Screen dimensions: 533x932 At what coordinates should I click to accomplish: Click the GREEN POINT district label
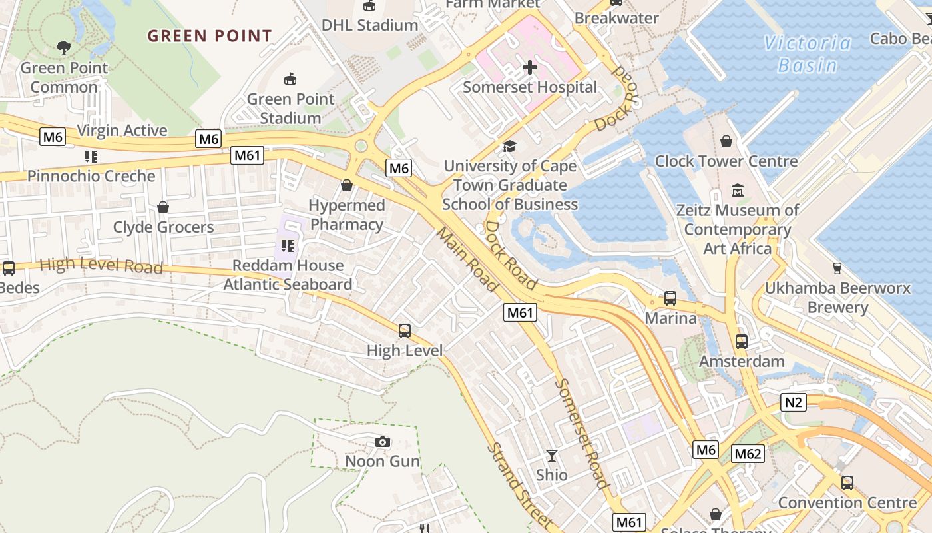pos(210,36)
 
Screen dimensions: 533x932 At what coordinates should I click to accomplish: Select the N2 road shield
pos(794,402)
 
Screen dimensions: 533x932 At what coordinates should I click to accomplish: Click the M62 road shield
pos(748,454)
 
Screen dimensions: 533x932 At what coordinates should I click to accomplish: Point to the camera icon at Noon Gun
pos(383,442)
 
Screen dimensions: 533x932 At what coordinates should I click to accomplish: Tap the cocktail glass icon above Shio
pos(552,456)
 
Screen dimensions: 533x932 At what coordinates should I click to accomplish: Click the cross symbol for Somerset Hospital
pos(530,67)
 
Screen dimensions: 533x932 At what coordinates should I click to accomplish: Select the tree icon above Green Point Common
pos(64,48)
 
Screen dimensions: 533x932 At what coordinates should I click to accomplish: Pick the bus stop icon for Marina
pos(670,298)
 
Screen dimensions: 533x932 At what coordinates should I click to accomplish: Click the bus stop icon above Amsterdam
pos(742,342)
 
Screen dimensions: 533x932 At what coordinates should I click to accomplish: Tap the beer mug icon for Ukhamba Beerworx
pos(837,268)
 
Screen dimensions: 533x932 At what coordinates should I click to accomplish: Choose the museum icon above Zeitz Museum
pos(737,191)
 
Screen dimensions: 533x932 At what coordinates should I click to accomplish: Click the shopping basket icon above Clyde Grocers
pos(163,207)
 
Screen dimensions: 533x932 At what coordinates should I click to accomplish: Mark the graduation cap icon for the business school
pos(510,146)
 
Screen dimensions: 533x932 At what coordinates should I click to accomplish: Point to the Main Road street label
pos(467,259)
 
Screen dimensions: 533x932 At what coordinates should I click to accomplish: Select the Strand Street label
pos(519,484)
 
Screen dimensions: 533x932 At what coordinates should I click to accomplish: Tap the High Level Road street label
pos(101,266)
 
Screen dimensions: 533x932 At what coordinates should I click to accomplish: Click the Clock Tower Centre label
pos(726,161)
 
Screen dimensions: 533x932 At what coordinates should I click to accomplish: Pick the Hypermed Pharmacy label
pos(347,215)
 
